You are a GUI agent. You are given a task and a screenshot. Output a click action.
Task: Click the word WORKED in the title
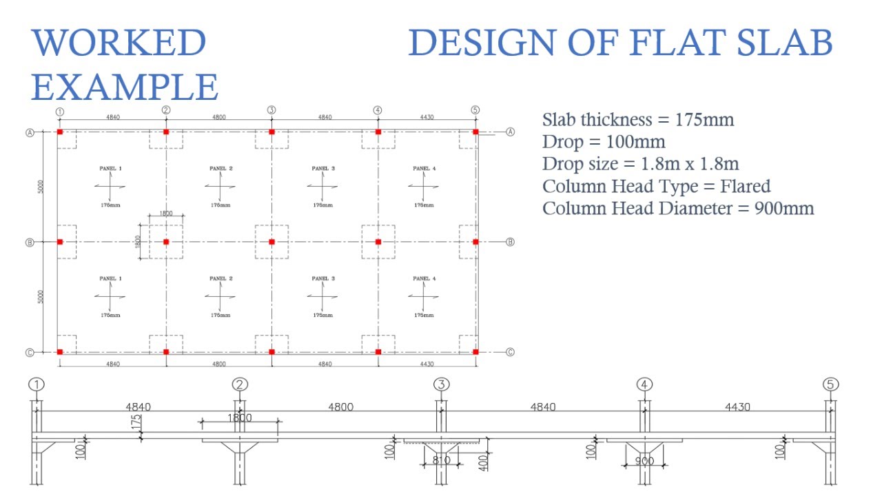click(x=119, y=43)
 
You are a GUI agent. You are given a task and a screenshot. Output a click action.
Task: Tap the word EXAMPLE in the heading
click(x=125, y=87)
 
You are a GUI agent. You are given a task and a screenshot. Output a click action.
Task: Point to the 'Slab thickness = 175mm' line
click(x=638, y=120)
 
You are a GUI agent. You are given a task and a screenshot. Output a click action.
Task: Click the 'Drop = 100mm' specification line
click(x=604, y=142)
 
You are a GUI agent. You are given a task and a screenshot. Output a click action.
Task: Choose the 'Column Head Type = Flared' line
click(x=656, y=186)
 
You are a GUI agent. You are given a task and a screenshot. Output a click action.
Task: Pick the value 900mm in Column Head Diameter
click(x=783, y=208)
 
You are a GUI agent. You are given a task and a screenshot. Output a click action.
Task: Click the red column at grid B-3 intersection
click(x=271, y=242)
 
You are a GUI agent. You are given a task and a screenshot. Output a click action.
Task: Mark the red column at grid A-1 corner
click(x=60, y=132)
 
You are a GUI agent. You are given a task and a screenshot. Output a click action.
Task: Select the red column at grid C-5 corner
click(x=475, y=352)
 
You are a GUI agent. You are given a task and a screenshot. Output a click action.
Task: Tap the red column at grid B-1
click(x=60, y=242)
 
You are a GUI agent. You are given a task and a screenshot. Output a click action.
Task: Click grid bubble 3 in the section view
click(x=442, y=384)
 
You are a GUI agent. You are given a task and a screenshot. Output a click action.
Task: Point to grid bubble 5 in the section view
click(x=831, y=384)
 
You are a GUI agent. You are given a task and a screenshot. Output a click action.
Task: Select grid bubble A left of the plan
click(x=30, y=132)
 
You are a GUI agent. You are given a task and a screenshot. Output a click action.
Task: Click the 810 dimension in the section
click(x=441, y=460)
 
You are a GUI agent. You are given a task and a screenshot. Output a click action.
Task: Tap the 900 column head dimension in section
click(x=645, y=460)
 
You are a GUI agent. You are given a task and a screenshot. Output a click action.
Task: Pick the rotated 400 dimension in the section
click(x=483, y=461)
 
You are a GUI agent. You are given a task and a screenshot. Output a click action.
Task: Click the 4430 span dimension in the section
click(x=737, y=407)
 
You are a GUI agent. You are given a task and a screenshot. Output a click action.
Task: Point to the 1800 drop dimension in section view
click(x=239, y=418)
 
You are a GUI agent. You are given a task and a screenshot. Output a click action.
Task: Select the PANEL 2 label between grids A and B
click(x=220, y=169)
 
